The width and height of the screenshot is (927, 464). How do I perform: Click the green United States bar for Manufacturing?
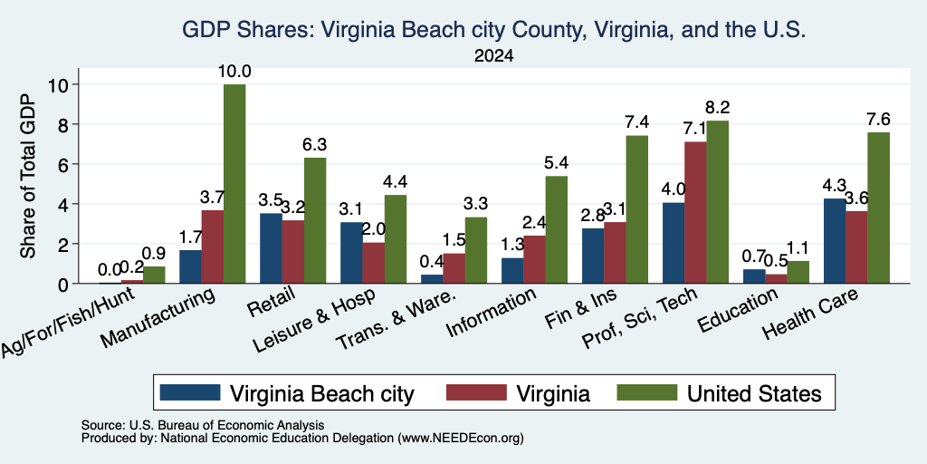click(x=234, y=183)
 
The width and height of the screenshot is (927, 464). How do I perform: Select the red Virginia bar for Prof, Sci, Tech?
click(x=695, y=212)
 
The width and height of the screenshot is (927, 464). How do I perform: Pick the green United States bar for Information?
click(x=557, y=229)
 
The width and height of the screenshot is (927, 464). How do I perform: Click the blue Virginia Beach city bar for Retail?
click(x=271, y=248)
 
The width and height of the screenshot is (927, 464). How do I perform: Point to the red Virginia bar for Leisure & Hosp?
click(x=373, y=263)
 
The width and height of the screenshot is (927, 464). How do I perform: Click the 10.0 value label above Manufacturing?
click(x=234, y=72)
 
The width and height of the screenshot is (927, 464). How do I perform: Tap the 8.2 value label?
click(x=718, y=108)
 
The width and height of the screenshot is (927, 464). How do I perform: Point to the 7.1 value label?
click(x=695, y=129)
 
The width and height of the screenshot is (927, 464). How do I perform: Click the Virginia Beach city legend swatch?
click(x=190, y=391)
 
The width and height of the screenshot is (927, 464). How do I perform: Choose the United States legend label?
click(x=754, y=393)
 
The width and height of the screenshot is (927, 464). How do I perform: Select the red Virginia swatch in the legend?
click(x=476, y=391)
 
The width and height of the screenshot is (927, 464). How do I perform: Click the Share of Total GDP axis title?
click(x=28, y=176)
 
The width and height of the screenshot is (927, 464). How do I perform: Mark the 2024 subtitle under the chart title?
click(x=493, y=56)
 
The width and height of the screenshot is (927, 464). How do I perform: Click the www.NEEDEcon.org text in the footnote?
click(x=461, y=439)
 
